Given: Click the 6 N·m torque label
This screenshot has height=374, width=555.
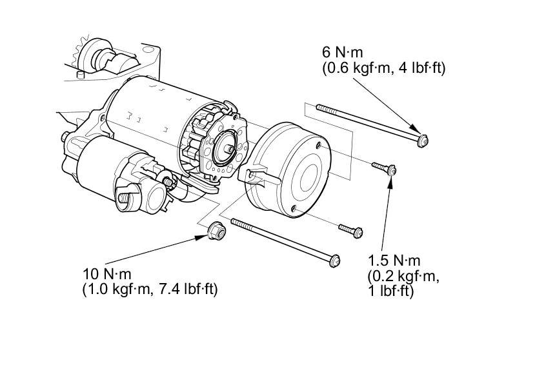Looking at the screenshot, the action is click(x=342, y=52).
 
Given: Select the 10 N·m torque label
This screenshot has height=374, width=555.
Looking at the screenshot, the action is click(x=107, y=274).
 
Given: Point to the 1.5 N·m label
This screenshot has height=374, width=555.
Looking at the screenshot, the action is click(x=394, y=261).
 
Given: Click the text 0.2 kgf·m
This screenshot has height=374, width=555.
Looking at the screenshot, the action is click(x=404, y=276).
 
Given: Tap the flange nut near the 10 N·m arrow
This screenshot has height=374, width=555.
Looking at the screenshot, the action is click(x=216, y=231).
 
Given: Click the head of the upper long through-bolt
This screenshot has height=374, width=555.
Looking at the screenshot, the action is click(x=423, y=141).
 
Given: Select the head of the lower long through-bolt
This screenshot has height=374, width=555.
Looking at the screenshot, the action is click(x=334, y=261).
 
